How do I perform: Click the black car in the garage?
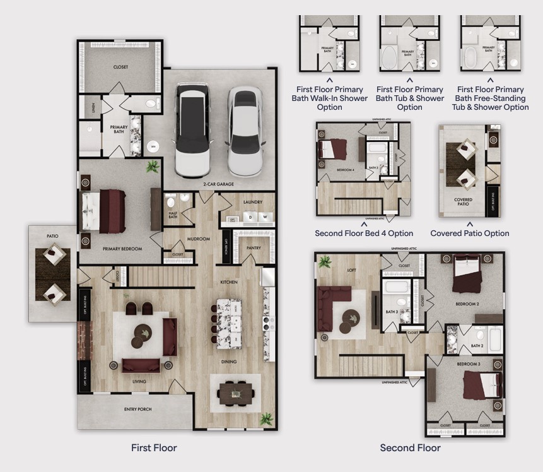(193, 130)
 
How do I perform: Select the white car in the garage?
(245, 131)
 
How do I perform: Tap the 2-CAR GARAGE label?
(218, 184)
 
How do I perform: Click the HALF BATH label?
(172, 215)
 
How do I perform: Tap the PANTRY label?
(254, 248)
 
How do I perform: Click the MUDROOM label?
(198, 239)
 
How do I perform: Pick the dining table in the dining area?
(238, 394)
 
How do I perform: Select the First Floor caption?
(154, 448)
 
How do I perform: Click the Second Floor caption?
(410, 448)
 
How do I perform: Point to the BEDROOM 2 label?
(467, 304)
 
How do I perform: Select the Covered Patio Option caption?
(469, 233)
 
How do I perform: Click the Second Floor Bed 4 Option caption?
(364, 233)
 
